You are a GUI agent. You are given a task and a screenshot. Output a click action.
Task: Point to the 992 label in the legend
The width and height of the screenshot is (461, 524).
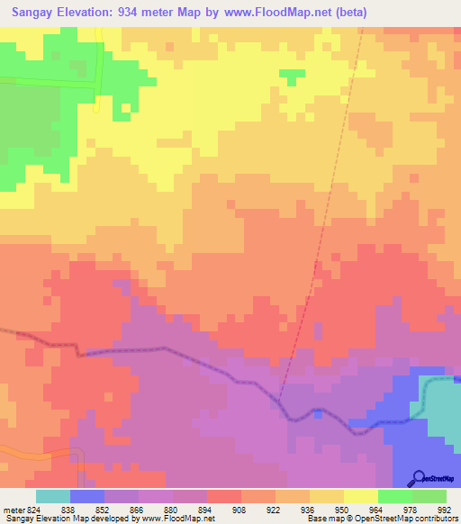(442, 510)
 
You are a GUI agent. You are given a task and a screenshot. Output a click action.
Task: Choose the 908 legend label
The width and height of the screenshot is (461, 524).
(239, 510)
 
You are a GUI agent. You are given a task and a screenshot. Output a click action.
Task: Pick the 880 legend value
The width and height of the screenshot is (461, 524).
(170, 510)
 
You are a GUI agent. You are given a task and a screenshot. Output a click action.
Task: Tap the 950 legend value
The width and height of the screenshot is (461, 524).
(340, 510)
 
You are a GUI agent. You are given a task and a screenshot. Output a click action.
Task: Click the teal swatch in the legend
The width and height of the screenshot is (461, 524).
(52, 496)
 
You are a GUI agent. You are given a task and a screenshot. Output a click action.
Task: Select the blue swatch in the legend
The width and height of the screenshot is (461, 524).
(86, 496)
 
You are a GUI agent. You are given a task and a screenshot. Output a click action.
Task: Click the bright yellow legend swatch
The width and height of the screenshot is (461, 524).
(360, 496)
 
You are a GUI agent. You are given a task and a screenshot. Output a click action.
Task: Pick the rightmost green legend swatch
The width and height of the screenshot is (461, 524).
(429, 496)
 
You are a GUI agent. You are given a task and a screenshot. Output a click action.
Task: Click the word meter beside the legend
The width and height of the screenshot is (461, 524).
(14, 510)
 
